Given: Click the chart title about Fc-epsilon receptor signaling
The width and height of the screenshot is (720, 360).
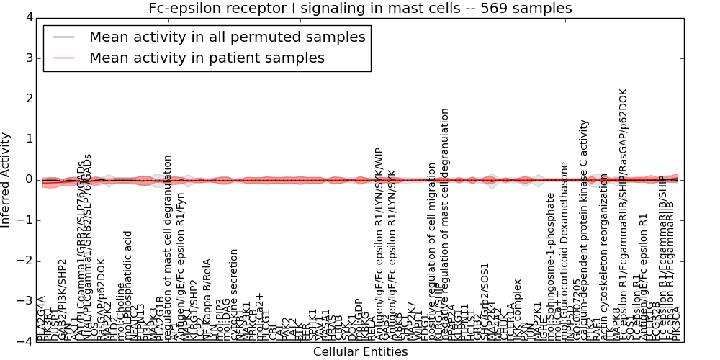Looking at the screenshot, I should point(360,9).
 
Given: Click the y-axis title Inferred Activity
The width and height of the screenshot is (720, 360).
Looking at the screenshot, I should point(6,180).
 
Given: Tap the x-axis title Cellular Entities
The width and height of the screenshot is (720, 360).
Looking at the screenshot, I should point(360,352).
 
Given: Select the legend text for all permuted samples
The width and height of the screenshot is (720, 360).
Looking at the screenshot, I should point(227,37).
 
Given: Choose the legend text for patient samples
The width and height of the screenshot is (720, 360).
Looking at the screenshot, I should point(207,58).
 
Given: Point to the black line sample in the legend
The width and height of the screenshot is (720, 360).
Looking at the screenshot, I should point(63,37).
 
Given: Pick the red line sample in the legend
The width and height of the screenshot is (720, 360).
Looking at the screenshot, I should point(63,58).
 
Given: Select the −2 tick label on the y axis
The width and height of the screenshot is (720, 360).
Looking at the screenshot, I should point(24,261).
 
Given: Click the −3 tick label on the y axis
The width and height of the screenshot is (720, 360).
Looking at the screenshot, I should point(24,301).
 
